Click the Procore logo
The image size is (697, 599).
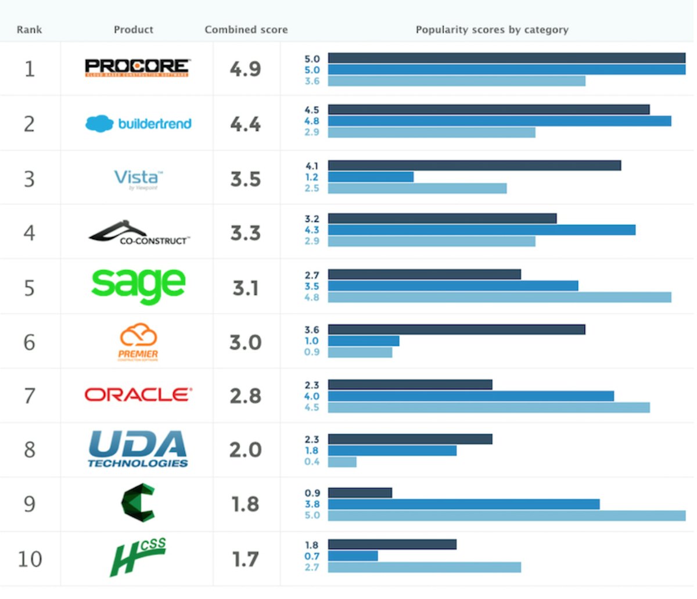pos(137,68)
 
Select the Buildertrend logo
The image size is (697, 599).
pos(138,123)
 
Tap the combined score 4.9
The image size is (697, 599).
pos(245,69)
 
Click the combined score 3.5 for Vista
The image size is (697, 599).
pos(245,179)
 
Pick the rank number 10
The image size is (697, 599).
pos(30,559)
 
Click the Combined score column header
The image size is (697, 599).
pos(246,30)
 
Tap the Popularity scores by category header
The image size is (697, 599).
pos(492,30)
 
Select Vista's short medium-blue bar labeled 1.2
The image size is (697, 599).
pos(371,177)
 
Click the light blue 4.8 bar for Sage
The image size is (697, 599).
pos(500,297)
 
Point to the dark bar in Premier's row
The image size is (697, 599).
pos(457,329)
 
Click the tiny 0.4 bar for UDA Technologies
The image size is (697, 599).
pos(342,462)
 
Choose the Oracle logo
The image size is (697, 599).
pos(138,395)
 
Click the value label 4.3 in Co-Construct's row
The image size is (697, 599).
pos(312,230)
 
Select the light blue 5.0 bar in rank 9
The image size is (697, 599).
pos(506,515)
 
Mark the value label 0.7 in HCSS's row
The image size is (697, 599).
pos(312,556)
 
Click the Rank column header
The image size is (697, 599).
pos(29,30)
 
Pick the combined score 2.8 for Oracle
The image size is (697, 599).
pos(245,396)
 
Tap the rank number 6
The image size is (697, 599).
pos(29,342)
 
